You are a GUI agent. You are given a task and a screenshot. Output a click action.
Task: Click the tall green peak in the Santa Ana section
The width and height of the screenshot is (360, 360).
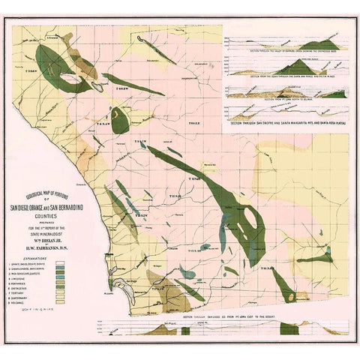(x=298, y=65)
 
